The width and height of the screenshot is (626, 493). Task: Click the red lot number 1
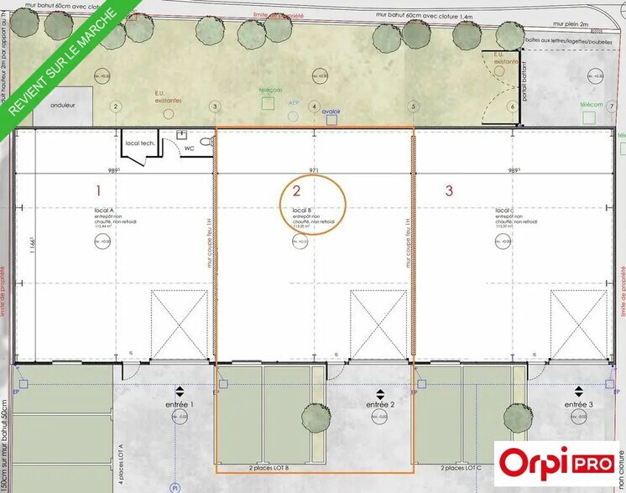click(98, 190)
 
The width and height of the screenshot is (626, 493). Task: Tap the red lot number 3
click(449, 190)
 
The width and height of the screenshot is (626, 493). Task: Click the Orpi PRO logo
click(556, 462)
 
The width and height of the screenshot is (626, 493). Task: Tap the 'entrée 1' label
click(180, 404)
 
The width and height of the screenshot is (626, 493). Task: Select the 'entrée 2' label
click(380, 404)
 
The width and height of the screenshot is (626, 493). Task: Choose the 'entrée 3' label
click(579, 404)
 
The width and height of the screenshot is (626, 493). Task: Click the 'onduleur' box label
click(64, 106)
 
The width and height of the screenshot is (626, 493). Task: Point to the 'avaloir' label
click(331, 110)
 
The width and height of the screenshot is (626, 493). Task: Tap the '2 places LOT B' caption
click(269, 467)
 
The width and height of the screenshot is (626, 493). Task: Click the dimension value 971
click(315, 170)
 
